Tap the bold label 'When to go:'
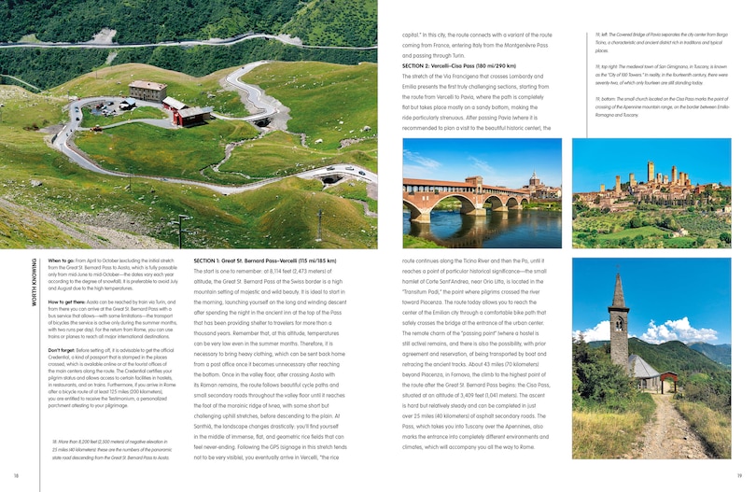coord(61,262)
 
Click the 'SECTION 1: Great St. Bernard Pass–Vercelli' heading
coord(264,260)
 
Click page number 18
coord(17,476)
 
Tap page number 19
coord(738,476)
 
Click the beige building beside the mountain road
coord(147,91)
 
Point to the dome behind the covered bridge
coord(535,180)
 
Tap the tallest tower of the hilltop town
coord(651,174)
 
